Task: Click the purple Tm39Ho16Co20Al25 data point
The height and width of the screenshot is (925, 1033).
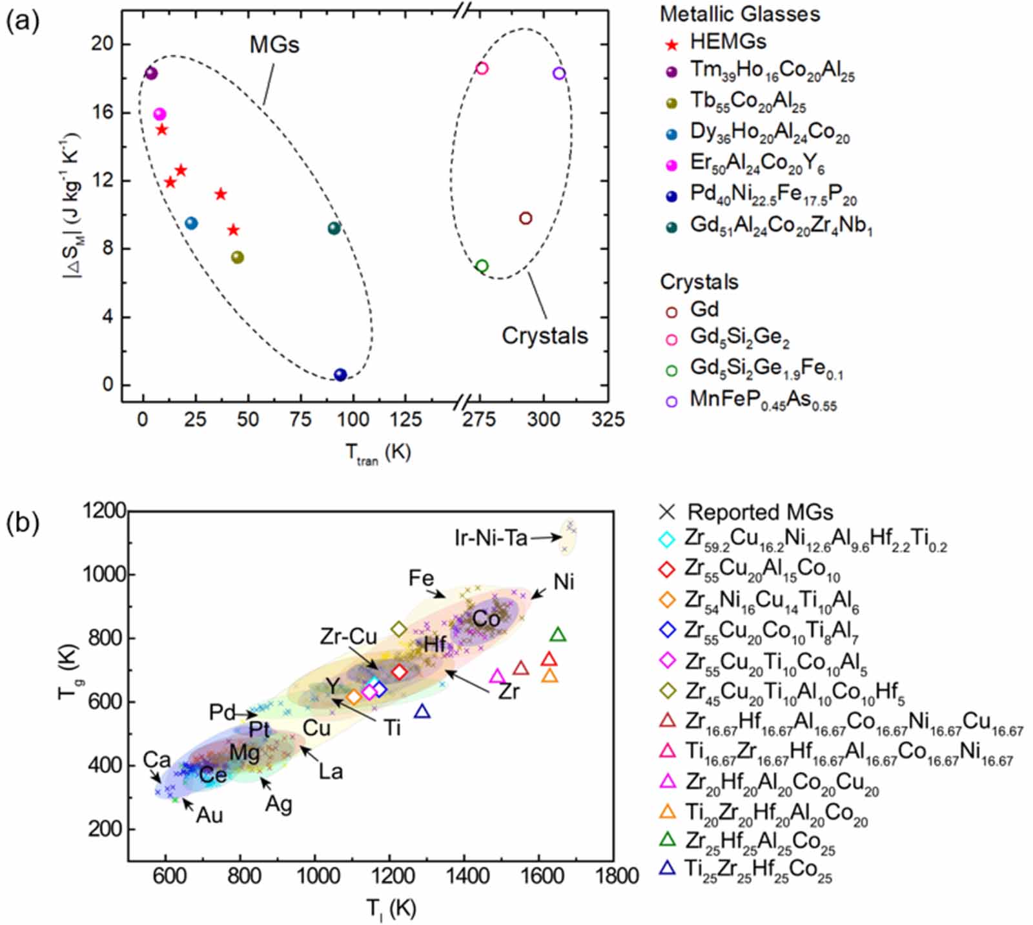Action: coord(151,73)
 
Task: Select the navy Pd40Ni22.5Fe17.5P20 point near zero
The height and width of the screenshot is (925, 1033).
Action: coord(340,374)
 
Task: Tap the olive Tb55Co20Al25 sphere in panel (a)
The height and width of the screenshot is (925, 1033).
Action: coord(237,257)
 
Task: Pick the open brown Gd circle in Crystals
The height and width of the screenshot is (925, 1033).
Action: coord(526,218)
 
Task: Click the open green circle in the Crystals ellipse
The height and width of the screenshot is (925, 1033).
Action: coord(482,266)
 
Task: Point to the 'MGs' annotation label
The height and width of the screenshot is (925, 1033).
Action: coord(274,45)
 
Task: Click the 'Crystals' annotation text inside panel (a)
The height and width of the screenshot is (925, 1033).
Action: coord(544,336)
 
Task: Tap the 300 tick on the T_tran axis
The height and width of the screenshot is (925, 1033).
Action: coord(543,420)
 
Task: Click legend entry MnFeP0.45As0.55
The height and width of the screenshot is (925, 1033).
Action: coord(762,400)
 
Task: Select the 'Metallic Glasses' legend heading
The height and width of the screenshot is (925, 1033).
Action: coord(739,14)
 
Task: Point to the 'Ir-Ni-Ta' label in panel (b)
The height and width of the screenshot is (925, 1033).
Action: coord(491,537)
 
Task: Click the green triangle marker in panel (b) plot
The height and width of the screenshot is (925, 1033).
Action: coord(558,635)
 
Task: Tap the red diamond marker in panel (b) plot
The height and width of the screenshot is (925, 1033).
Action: coord(399,672)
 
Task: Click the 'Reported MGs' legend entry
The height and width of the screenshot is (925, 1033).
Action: coord(759,512)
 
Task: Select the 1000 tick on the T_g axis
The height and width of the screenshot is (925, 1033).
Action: coord(104,574)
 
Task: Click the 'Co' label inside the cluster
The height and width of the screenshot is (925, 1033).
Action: coord(486,618)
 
